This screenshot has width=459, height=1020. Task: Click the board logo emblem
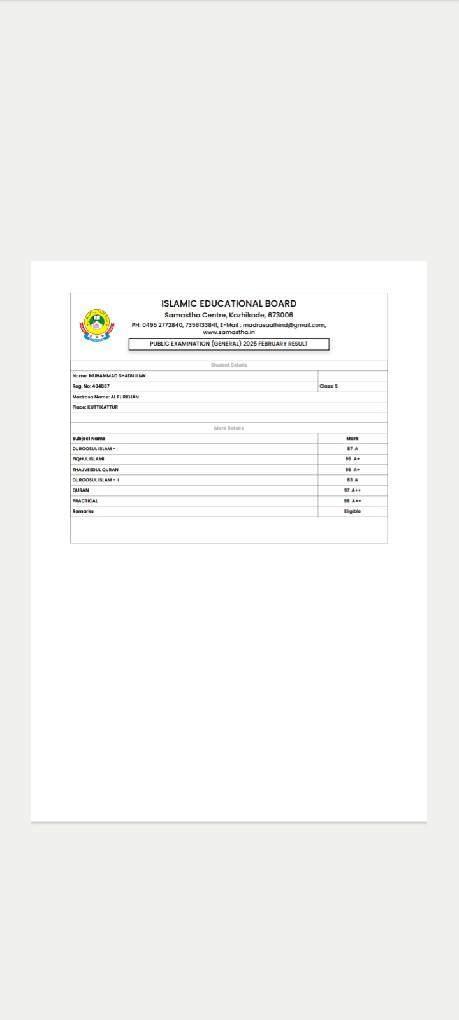[x=97, y=325]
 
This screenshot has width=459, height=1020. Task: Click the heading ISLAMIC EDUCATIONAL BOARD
[x=229, y=303]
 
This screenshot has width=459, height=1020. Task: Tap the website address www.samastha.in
[x=229, y=332]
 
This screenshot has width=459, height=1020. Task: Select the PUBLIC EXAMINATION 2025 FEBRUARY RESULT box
[x=229, y=344]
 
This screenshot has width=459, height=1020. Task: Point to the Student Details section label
[x=229, y=365]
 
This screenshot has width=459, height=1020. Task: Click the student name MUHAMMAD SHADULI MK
[x=109, y=376]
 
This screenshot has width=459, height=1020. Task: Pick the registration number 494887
[x=91, y=386]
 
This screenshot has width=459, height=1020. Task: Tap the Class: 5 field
[x=329, y=386]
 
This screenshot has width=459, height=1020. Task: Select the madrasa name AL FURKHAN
[x=106, y=397]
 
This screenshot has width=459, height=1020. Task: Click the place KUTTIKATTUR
[x=95, y=407]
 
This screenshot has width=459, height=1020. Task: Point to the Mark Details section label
[x=229, y=428]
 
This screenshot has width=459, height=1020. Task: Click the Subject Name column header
[x=89, y=439]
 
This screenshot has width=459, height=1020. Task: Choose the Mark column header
[x=353, y=439]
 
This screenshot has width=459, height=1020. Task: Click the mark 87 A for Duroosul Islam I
[x=353, y=449]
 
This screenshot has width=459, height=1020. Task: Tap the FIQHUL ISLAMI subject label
[x=88, y=459]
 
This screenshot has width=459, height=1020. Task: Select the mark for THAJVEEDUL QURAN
[x=353, y=470]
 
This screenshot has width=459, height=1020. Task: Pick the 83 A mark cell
[x=353, y=480]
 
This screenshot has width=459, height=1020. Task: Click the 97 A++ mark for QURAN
[x=353, y=490]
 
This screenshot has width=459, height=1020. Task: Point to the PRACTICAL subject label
[x=85, y=501]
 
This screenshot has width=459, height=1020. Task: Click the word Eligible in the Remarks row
[x=353, y=511]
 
